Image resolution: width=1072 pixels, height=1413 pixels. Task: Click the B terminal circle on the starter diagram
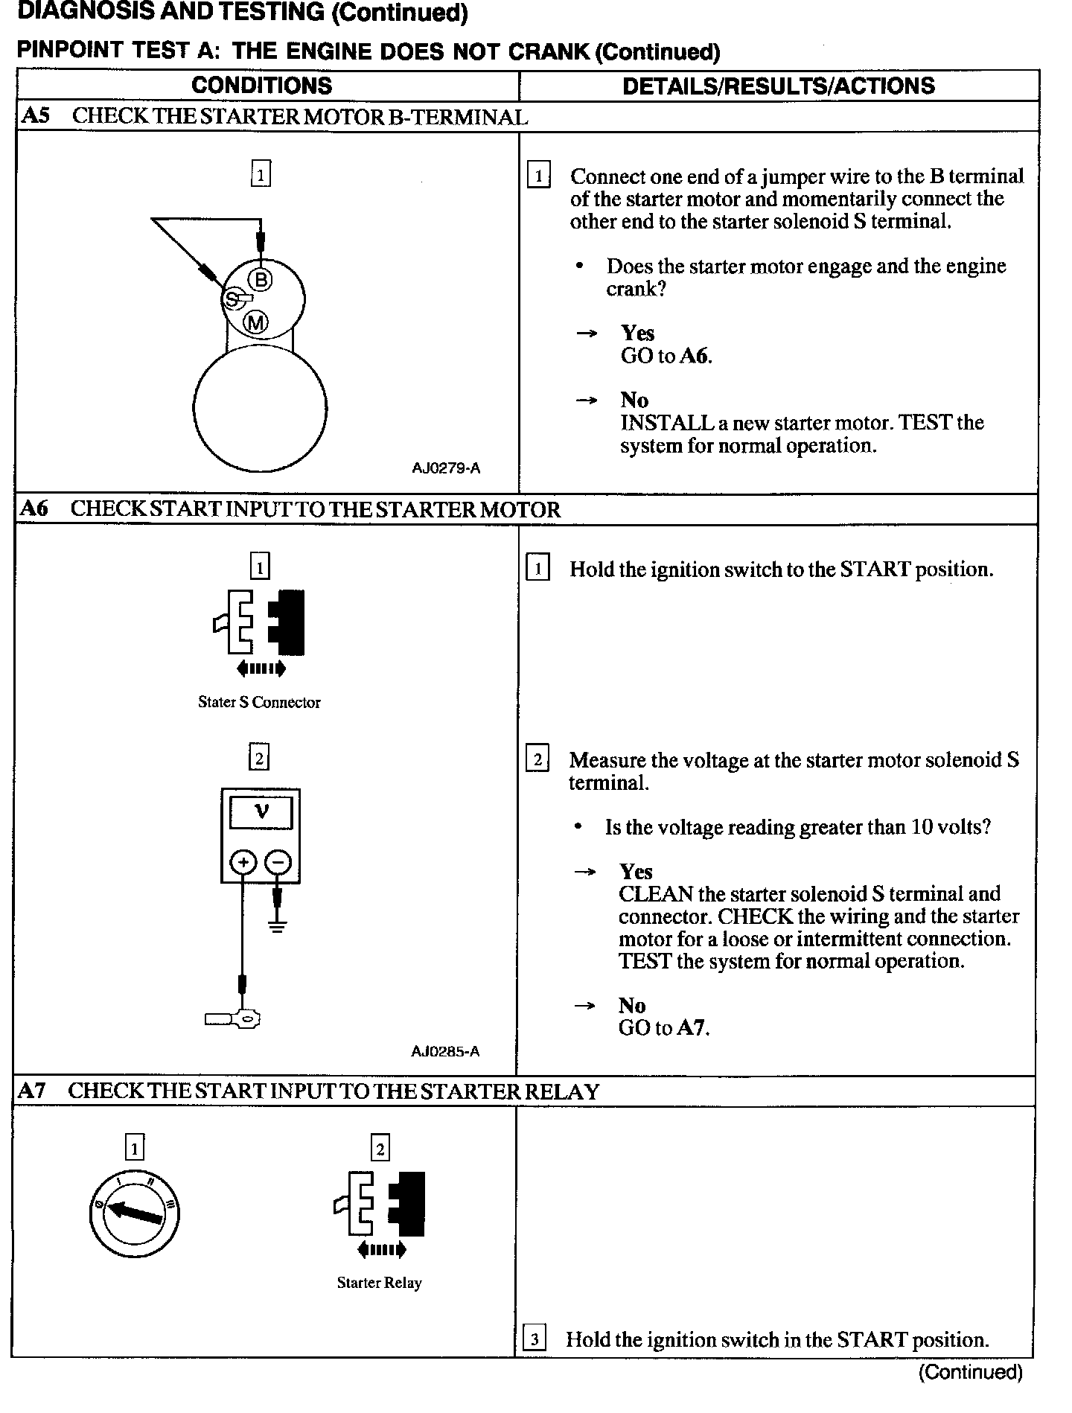(261, 280)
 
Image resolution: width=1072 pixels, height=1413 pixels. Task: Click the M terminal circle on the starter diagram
(256, 322)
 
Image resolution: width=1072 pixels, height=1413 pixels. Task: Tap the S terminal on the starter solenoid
(233, 299)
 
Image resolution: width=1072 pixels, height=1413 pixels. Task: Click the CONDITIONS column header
(262, 86)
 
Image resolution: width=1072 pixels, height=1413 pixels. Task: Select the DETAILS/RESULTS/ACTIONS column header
(779, 86)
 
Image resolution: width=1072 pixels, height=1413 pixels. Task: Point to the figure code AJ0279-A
(446, 468)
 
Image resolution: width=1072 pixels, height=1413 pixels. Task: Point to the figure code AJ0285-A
(445, 1051)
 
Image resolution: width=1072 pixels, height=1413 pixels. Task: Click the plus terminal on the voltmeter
(242, 863)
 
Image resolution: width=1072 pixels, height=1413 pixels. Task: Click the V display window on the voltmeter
(261, 812)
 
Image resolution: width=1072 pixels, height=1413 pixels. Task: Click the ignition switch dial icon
(134, 1213)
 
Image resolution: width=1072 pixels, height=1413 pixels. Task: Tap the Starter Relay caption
(379, 1283)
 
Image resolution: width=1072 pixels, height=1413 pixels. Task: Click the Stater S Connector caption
(259, 702)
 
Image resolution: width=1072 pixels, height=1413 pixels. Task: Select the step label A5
(35, 116)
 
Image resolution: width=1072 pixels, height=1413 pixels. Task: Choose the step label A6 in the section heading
(33, 508)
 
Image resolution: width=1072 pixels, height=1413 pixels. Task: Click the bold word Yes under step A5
(638, 333)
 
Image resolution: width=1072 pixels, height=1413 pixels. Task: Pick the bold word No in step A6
(632, 1005)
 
